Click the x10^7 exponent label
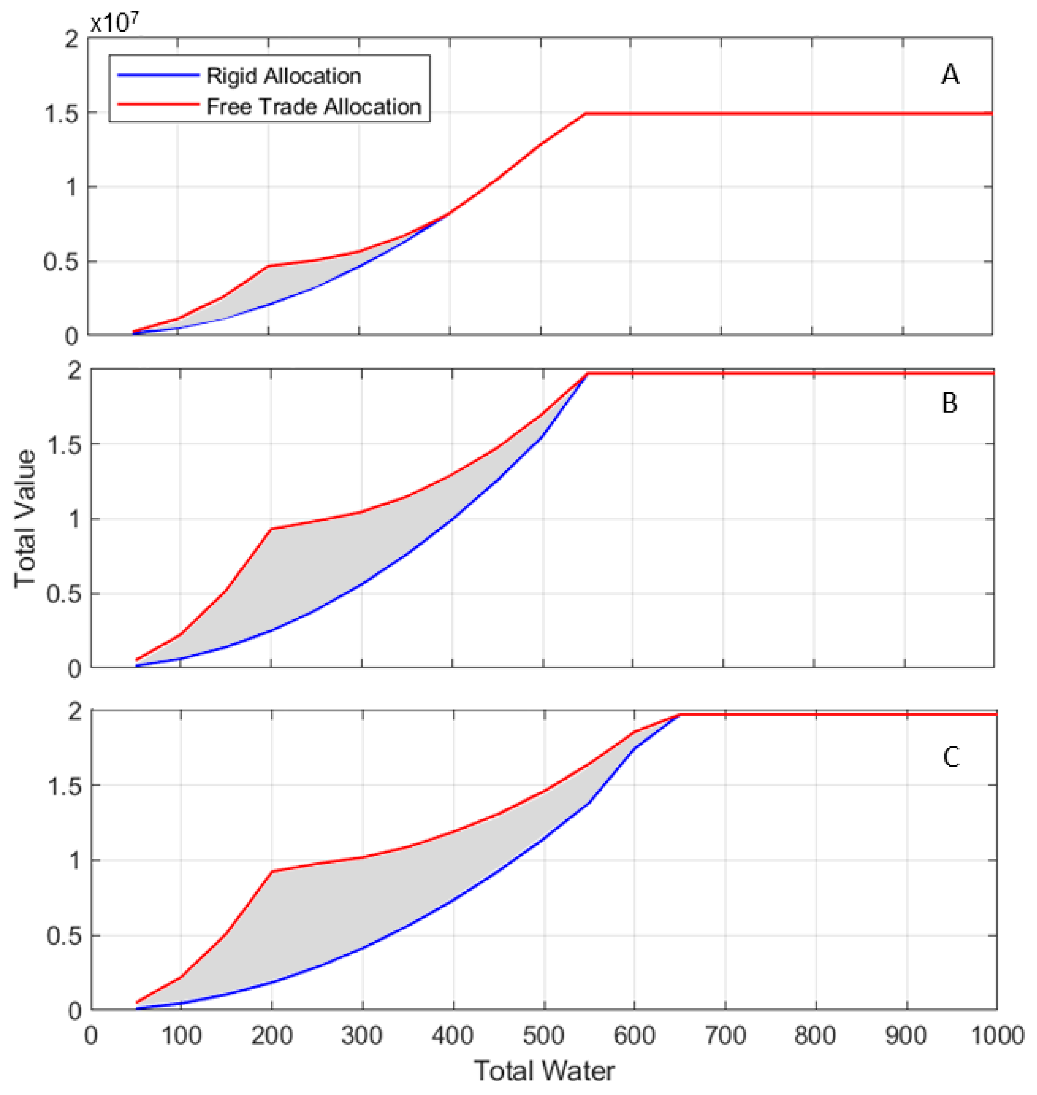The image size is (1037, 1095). pos(114,23)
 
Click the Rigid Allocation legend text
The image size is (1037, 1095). pos(284,77)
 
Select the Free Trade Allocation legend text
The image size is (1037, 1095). pos(313,106)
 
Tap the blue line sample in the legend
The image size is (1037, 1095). pos(158,75)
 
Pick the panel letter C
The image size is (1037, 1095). pos(950,757)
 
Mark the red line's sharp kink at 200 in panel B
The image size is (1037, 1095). pos(271,529)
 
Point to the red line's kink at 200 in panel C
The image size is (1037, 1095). pos(272,871)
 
